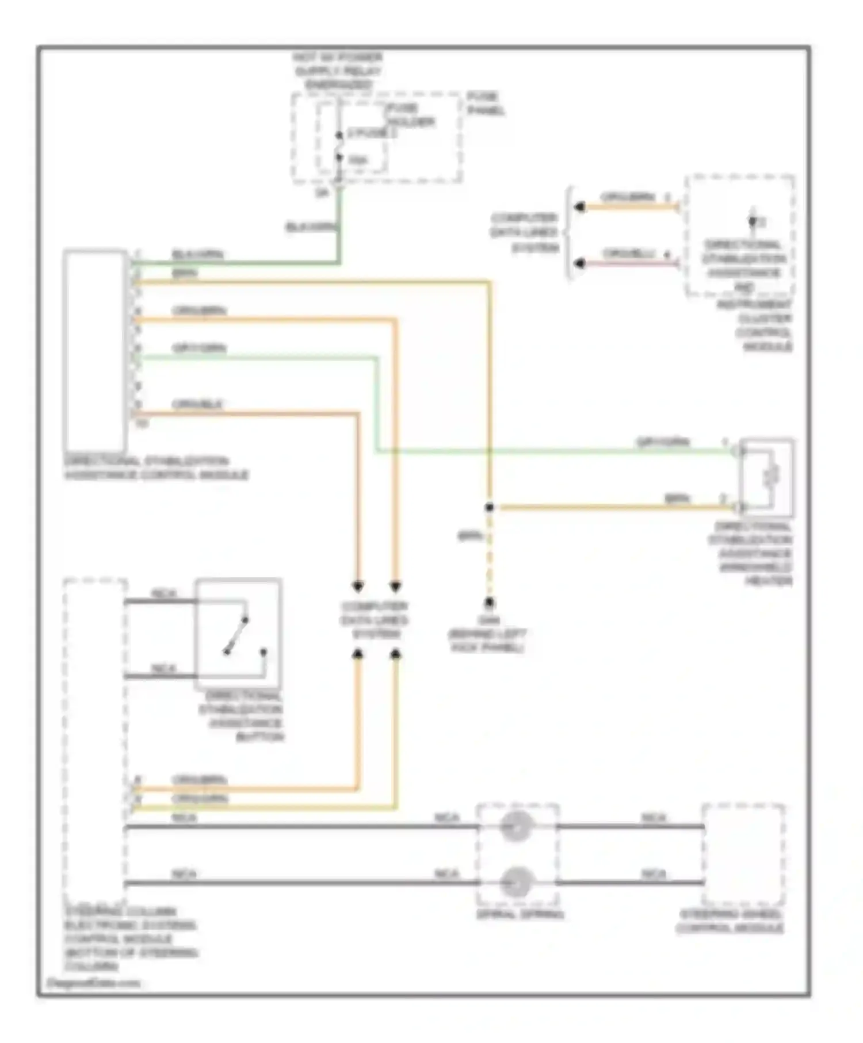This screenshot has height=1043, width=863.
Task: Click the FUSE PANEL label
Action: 484,103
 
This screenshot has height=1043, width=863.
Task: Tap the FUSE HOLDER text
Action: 410,115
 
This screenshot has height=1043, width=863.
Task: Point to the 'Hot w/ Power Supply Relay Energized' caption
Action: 337,71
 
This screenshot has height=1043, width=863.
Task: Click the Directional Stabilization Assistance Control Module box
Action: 95,351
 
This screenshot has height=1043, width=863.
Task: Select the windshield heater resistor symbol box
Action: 767,474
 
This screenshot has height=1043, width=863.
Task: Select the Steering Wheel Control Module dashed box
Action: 743,854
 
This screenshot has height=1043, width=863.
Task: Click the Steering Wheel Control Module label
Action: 730,921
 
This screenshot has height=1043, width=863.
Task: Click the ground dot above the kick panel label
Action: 489,603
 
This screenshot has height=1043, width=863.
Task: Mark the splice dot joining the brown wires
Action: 489,507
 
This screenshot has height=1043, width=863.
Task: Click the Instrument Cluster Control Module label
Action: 754,325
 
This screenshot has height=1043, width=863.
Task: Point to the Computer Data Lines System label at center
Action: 374,620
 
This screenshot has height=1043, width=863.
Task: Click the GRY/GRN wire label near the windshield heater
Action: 662,442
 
